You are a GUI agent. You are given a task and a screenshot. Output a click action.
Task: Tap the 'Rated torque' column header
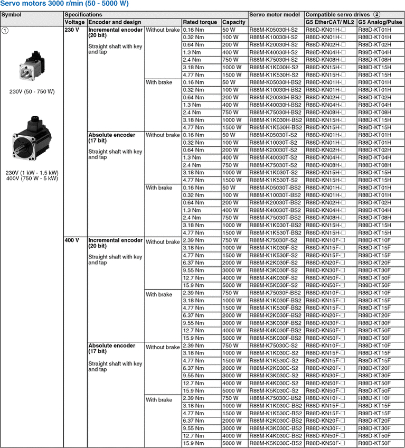tap(200, 22)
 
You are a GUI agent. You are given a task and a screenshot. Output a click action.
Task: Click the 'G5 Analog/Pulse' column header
tap(380, 22)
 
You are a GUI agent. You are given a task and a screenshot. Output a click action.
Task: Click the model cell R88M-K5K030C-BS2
tap(275, 443)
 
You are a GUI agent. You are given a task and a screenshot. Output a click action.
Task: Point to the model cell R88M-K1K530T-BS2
tap(275, 233)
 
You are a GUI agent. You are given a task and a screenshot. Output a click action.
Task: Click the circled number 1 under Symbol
tap(5, 31)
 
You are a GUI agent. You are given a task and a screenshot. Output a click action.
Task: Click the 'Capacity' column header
tap(234, 22)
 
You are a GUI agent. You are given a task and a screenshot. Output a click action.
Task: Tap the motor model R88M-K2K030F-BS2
tap(275, 315)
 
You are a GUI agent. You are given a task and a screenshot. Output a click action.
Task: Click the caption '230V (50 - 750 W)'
tap(32, 91)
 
